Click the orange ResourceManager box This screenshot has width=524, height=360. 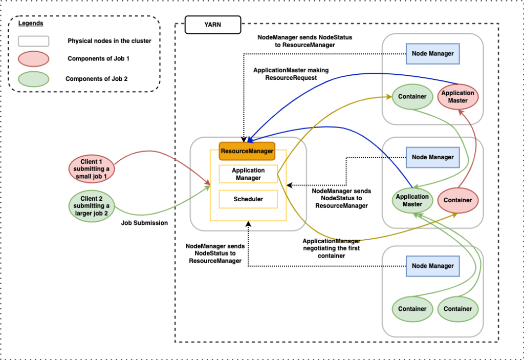(247, 151)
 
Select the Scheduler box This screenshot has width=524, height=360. (248, 199)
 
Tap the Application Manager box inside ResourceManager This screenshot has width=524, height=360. (248, 174)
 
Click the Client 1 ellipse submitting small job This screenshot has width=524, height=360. (92, 168)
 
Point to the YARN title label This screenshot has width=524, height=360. (212, 24)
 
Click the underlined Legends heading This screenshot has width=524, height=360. (31, 24)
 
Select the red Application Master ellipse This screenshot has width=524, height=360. (457, 97)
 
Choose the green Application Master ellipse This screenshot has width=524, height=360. (412, 200)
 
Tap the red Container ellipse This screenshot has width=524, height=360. (458, 200)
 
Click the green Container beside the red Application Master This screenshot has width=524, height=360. (412, 97)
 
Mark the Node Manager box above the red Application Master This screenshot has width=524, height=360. (433, 53)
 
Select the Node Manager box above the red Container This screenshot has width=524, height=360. (433, 157)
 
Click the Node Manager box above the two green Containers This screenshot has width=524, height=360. (433, 266)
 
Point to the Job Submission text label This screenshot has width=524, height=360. (144, 223)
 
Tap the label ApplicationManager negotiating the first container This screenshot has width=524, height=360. (331, 248)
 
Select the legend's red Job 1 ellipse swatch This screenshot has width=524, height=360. (33, 59)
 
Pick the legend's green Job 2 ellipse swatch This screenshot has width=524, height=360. (33, 79)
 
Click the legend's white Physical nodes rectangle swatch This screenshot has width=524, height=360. (33, 41)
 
